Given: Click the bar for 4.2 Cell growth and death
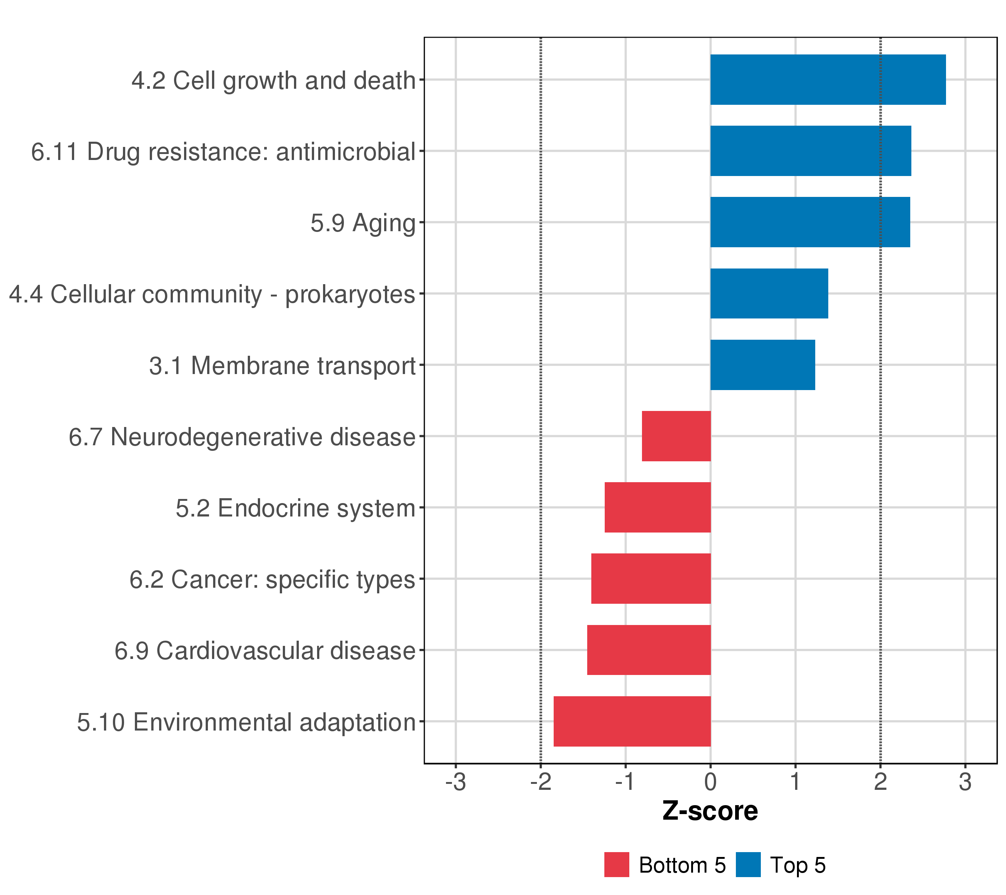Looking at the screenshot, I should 828,80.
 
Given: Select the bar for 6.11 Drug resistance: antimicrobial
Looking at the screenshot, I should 811,151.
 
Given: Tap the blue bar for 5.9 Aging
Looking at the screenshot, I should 810,222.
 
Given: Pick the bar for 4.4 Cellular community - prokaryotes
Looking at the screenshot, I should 769,293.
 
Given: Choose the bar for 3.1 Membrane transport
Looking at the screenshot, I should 762,365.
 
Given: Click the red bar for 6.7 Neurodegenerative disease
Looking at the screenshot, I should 676,436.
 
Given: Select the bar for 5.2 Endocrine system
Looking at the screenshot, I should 658,507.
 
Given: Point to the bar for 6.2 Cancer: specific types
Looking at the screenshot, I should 651,579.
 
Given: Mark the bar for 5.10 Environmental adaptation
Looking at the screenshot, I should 632,721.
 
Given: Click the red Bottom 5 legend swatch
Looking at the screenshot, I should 617,865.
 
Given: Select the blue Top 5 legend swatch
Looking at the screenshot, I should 748,865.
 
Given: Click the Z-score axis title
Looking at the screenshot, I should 710,811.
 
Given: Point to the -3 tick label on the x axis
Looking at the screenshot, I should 455,782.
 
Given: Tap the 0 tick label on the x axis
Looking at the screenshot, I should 710,782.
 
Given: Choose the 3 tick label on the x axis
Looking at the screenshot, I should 965,782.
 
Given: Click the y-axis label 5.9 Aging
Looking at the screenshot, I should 363,223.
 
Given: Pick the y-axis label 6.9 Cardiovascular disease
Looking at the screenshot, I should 265,651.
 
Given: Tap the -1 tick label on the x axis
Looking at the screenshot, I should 625,782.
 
